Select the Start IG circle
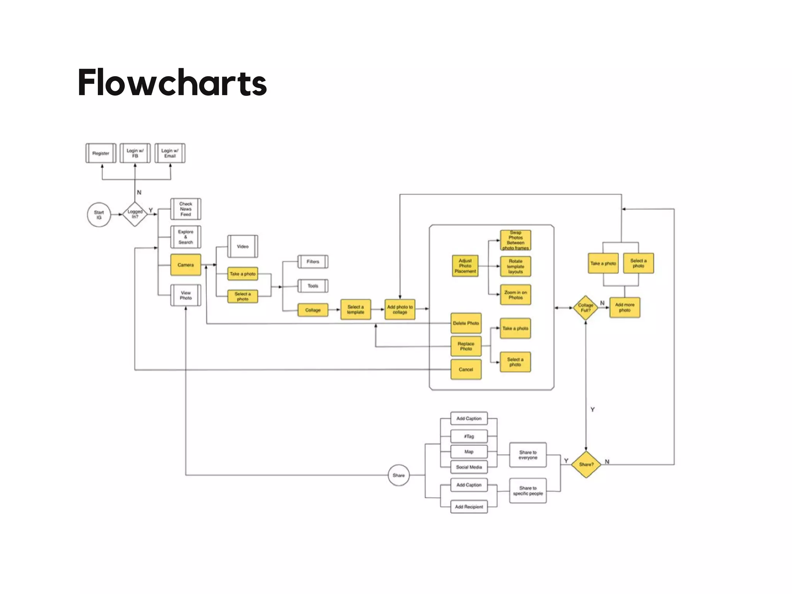click(99, 215)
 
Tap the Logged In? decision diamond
click(135, 214)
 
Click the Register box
click(101, 153)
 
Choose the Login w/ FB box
click(135, 153)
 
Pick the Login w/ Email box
click(170, 153)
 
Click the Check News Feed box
click(186, 209)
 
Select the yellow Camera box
click(186, 265)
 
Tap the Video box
click(242, 246)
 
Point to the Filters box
click(313, 262)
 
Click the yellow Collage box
click(313, 310)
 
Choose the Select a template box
click(355, 309)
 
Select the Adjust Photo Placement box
click(465, 266)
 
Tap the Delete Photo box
click(466, 323)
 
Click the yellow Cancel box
click(466, 369)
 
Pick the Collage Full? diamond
click(585, 308)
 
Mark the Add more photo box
click(625, 307)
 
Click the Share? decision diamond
click(586, 464)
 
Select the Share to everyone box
click(528, 455)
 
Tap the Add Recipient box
click(469, 507)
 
